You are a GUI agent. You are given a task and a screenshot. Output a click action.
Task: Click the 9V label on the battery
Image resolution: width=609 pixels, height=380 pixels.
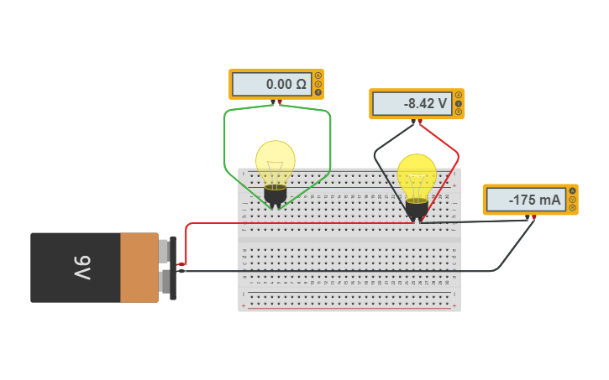(81, 268)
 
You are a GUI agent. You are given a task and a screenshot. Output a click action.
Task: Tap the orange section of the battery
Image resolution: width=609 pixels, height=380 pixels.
(139, 268)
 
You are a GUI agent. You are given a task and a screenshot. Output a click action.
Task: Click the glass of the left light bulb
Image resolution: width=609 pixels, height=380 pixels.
(276, 161)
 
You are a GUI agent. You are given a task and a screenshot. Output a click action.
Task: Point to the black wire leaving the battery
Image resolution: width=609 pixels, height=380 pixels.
(210, 271)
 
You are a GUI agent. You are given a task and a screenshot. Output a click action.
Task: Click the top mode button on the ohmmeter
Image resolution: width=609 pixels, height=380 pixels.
(318, 75)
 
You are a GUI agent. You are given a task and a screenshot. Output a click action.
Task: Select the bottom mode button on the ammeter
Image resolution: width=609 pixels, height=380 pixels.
(573, 209)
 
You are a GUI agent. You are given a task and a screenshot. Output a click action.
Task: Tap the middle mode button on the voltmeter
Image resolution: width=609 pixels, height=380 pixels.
(459, 104)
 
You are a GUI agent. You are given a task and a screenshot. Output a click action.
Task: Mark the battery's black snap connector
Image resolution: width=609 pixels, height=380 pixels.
(172, 268)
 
